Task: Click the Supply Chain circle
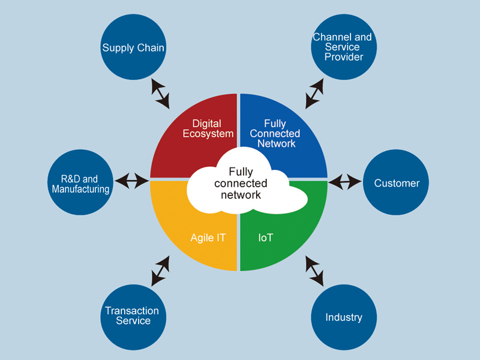coord(133,47)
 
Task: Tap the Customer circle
coord(397,183)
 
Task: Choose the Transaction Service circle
coord(132,316)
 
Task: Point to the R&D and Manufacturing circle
coord(80,184)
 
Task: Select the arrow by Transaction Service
coord(160,271)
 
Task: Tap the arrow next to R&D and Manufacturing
coord(131,180)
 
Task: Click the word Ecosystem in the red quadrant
coord(208,133)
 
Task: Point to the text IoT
coord(266,238)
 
